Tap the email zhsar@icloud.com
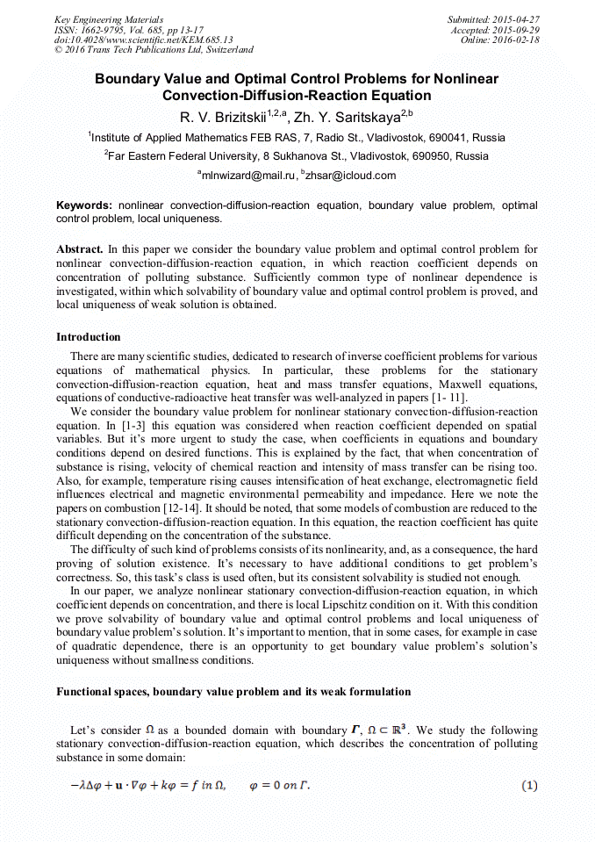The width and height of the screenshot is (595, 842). tap(351, 175)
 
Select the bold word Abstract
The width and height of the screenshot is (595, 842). tap(79, 249)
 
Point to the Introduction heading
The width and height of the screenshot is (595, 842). tap(89, 337)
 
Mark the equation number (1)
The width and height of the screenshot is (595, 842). tap(529, 786)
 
